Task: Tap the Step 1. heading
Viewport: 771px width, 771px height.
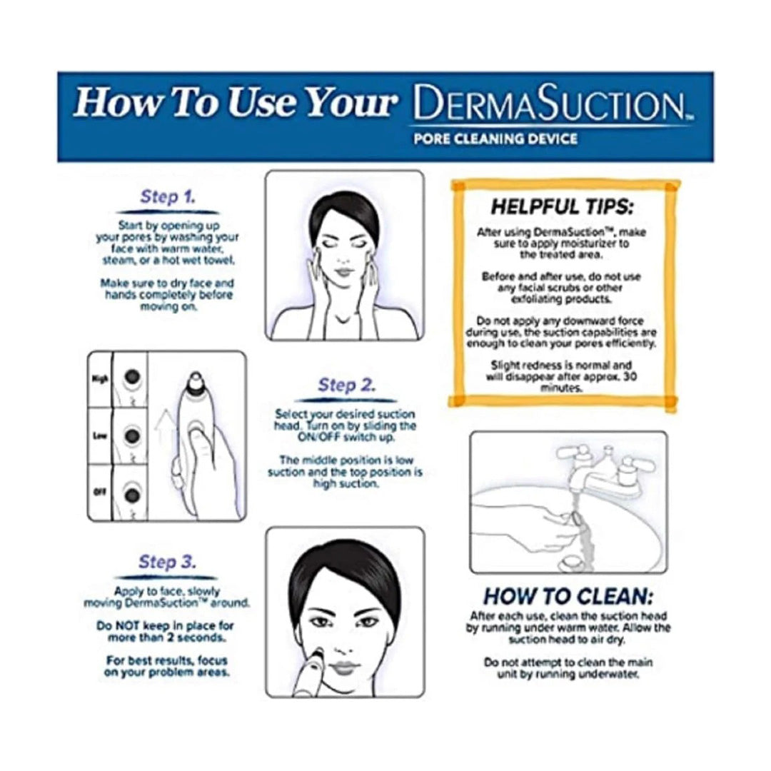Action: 168,197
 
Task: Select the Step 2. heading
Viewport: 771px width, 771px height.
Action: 347,385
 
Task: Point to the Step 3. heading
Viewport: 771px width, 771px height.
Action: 167,562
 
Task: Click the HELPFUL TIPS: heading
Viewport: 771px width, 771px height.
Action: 563,206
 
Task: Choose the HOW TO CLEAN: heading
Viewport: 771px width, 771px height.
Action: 568,596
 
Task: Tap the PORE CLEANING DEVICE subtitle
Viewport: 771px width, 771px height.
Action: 495,139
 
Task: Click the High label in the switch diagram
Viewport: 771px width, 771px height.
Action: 100,379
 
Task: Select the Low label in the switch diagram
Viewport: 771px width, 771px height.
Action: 100,435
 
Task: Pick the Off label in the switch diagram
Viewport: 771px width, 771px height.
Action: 100,491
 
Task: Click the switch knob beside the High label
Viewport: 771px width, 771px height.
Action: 132,377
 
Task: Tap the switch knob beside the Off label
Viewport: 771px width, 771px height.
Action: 132,495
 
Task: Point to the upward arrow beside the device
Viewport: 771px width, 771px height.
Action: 165,433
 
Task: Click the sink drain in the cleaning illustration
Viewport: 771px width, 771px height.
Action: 572,561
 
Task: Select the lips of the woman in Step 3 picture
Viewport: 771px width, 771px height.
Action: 345,667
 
